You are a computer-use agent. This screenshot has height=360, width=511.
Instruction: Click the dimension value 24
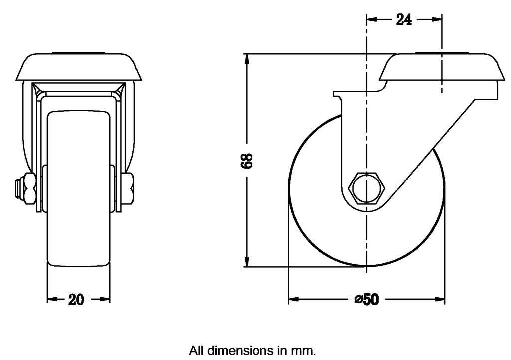[x=404, y=20]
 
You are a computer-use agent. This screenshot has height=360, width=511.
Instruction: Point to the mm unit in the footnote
[x=305, y=351]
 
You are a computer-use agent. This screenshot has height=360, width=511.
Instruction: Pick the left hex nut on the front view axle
[x=28, y=189]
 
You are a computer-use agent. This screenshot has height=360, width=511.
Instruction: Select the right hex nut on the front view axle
[x=128, y=189]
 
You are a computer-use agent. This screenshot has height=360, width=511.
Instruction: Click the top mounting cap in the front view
[x=79, y=66]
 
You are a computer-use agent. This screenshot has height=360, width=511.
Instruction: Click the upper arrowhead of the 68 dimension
[x=246, y=59]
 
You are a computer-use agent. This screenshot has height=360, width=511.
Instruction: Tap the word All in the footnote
[x=196, y=351]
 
